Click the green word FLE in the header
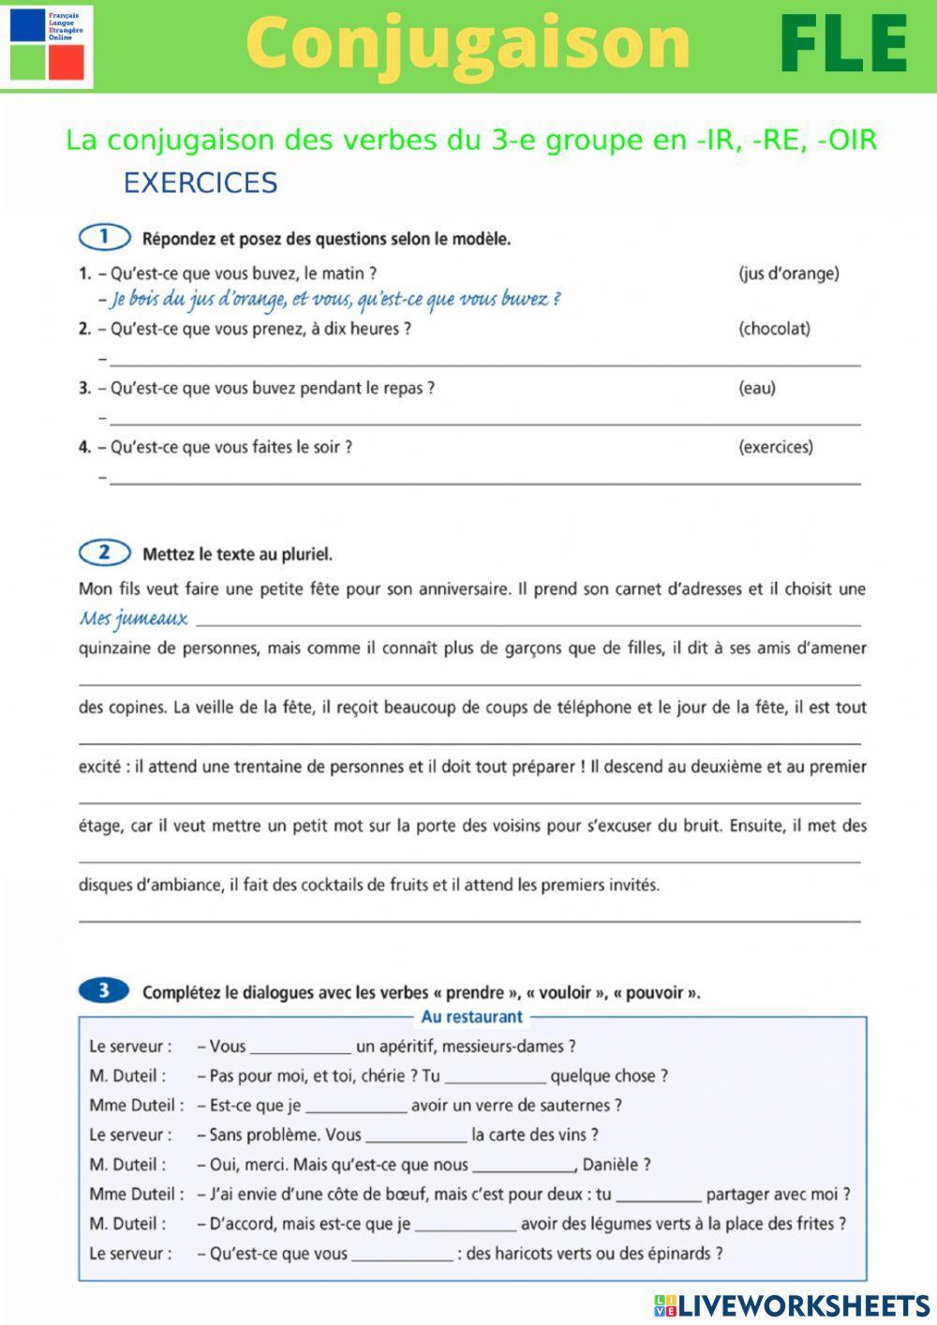pyautogui.click(x=844, y=44)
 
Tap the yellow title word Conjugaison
pyautogui.click(x=468, y=44)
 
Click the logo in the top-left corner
pyautogui.click(x=47, y=44)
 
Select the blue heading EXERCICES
pyautogui.click(x=201, y=183)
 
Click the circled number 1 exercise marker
pyautogui.click(x=104, y=237)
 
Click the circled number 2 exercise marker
pyautogui.click(x=104, y=553)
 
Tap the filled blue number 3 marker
pyautogui.click(x=104, y=990)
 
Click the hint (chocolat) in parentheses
pyautogui.click(x=774, y=329)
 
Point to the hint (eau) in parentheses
pyautogui.click(x=756, y=388)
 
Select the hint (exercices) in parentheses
pyautogui.click(x=775, y=447)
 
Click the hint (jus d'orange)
pyautogui.click(x=788, y=274)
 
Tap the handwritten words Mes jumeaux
pyautogui.click(x=133, y=618)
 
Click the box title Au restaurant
pyautogui.click(x=471, y=1017)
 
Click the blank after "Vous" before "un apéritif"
pyautogui.click(x=301, y=1048)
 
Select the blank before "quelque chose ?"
pyautogui.click(x=495, y=1077)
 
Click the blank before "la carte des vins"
pyautogui.click(x=416, y=1136)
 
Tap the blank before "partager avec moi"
pyautogui.click(x=659, y=1195)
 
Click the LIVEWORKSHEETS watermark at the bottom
pyautogui.click(x=792, y=1305)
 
